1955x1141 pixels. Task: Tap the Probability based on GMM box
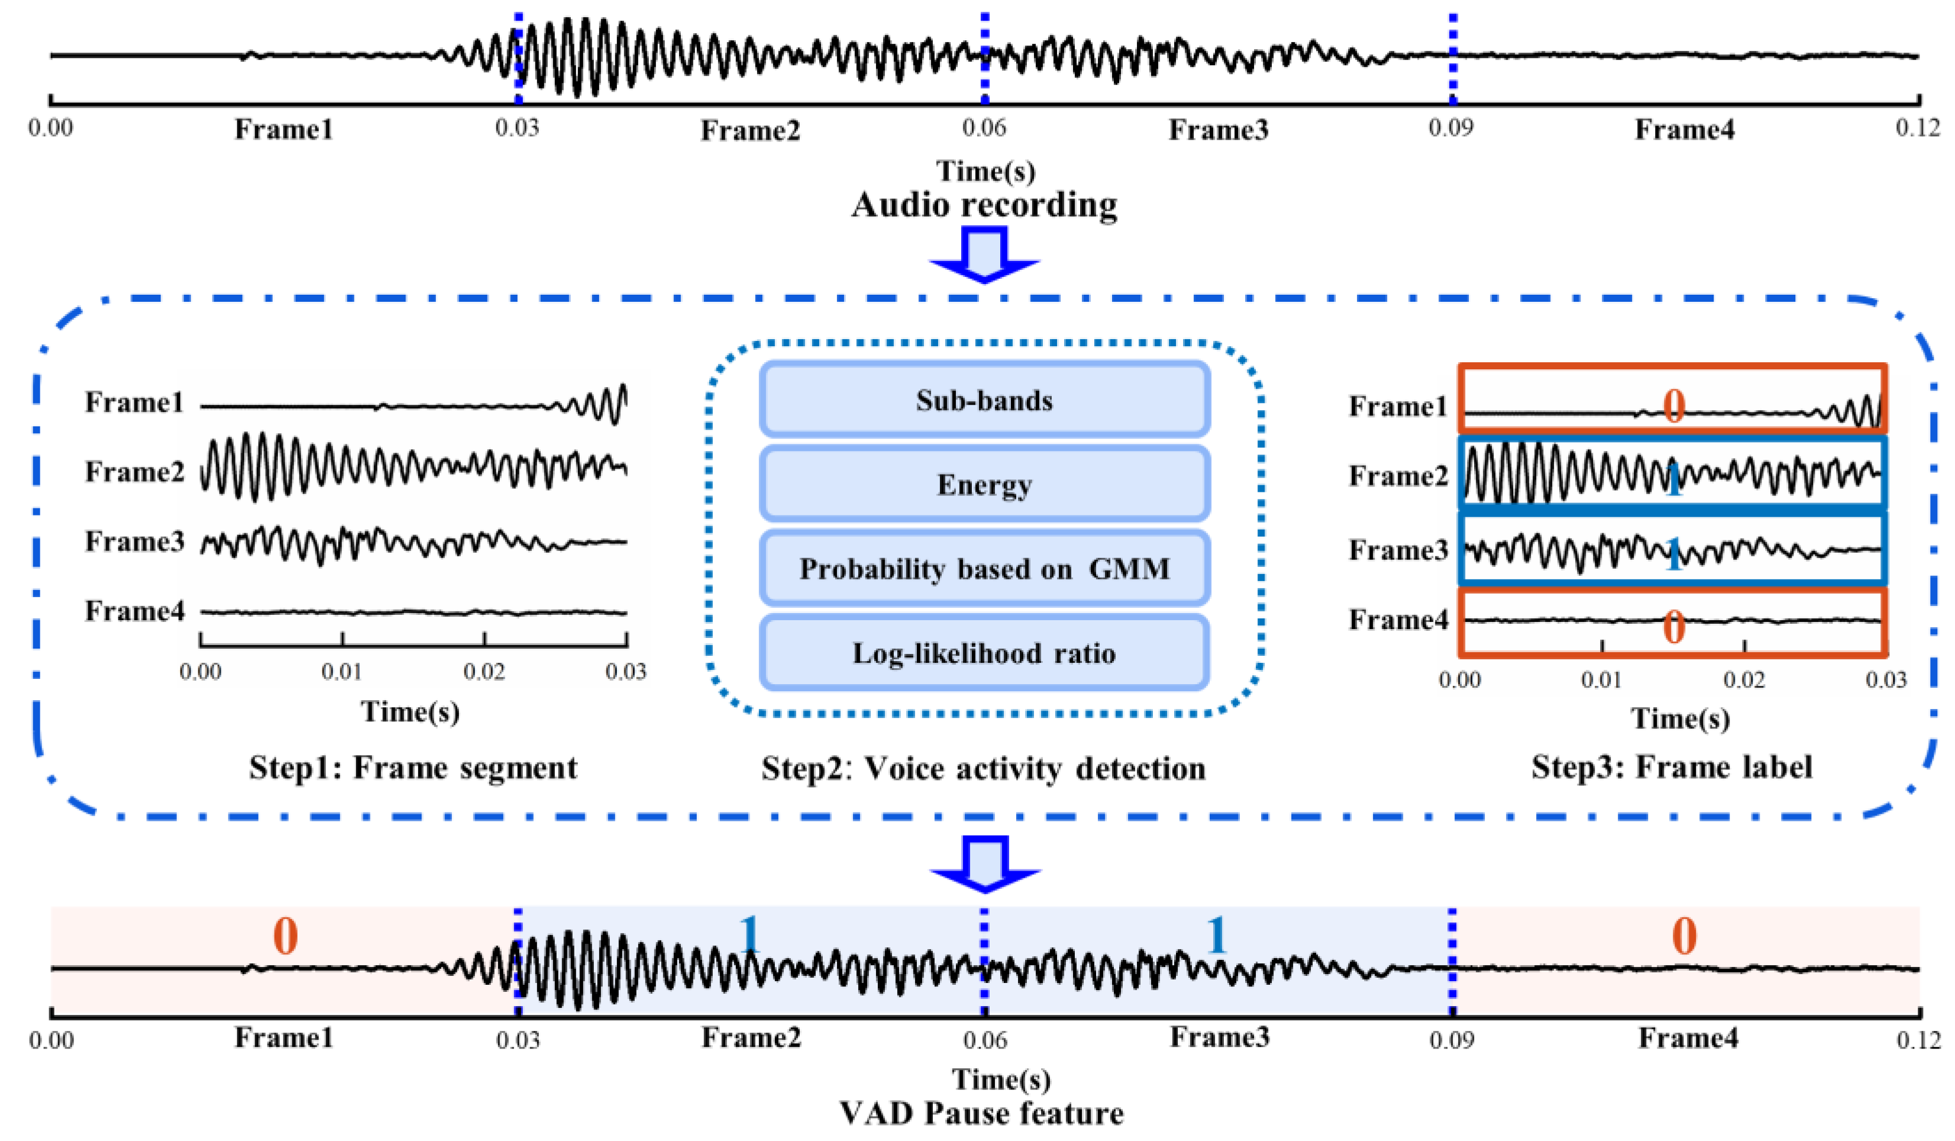984,569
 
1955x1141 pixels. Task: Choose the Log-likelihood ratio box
984,653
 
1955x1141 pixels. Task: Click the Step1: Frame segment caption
413,768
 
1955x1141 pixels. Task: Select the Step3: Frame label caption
1672,767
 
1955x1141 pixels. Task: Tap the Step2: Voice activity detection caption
984,768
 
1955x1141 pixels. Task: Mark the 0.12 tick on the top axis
1918,127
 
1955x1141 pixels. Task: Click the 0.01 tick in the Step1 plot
342,671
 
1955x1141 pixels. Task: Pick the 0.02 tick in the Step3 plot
1744,680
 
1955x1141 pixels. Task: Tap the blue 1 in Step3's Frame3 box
1673,554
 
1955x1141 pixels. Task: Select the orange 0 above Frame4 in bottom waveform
1683,936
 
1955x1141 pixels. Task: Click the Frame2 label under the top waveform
750,130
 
